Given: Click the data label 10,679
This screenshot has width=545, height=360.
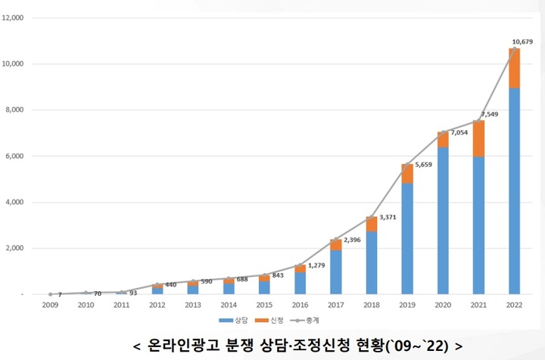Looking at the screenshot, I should click(522, 42).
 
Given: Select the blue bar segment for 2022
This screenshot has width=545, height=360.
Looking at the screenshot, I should click(514, 189).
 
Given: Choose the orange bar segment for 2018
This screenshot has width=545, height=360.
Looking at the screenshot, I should click(371, 224).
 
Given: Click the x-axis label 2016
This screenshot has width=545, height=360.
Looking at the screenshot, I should click(300, 306).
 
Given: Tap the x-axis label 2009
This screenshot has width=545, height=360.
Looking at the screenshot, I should click(49, 306).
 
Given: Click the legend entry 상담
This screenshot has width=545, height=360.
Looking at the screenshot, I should click(241, 322).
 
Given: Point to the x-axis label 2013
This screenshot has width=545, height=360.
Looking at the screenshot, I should click(192, 306).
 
